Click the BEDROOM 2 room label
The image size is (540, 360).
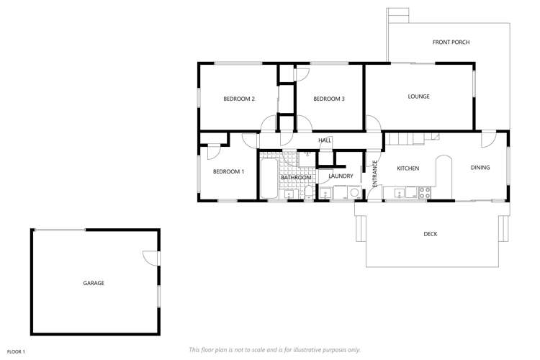pos(239,99)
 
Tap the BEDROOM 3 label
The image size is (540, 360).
pos(329,99)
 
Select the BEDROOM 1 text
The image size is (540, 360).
pos(228,171)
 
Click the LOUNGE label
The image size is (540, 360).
pos(418,96)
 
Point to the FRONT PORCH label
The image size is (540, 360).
pos(451,42)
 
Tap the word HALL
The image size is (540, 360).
pos(325,140)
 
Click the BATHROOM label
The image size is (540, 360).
pos(296,177)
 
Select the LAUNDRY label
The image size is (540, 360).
pos(340,176)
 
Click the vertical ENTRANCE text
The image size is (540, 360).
pos(374,174)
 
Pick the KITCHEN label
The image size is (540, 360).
pos(408,168)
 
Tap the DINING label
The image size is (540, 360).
pos(480,168)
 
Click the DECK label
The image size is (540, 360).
pos(431,234)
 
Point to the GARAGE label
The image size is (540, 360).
pos(94,283)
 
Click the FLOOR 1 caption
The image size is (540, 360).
pos(16,351)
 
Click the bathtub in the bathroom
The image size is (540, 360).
pos(268,180)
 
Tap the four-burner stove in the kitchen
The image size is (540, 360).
pos(424,192)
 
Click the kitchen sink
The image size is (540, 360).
pos(397,192)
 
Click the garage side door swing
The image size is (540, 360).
pos(150,257)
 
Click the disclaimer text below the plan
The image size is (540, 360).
pos(274,349)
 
